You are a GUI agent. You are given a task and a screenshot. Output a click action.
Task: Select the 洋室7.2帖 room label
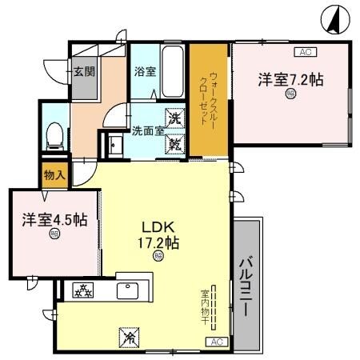click(x=290, y=80)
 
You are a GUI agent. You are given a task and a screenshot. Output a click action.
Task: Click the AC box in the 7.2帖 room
click(x=303, y=52)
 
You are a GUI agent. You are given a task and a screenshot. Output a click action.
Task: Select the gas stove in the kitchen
click(x=82, y=290)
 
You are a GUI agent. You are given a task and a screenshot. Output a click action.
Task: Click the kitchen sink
click(x=130, y=290)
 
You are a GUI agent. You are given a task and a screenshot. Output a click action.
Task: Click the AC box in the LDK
click(x=215, y=342)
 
